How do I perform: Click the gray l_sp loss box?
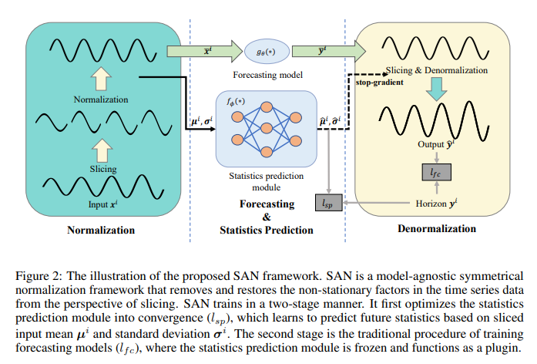point(328,203)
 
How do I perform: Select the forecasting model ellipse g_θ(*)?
point(267,53)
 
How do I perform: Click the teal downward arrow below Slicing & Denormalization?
point(437,91)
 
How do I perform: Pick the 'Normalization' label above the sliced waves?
point(101,100)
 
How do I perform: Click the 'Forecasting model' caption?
point(266,76)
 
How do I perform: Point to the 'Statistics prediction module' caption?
point(267,179)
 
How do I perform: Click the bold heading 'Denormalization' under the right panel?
point(436,229)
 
